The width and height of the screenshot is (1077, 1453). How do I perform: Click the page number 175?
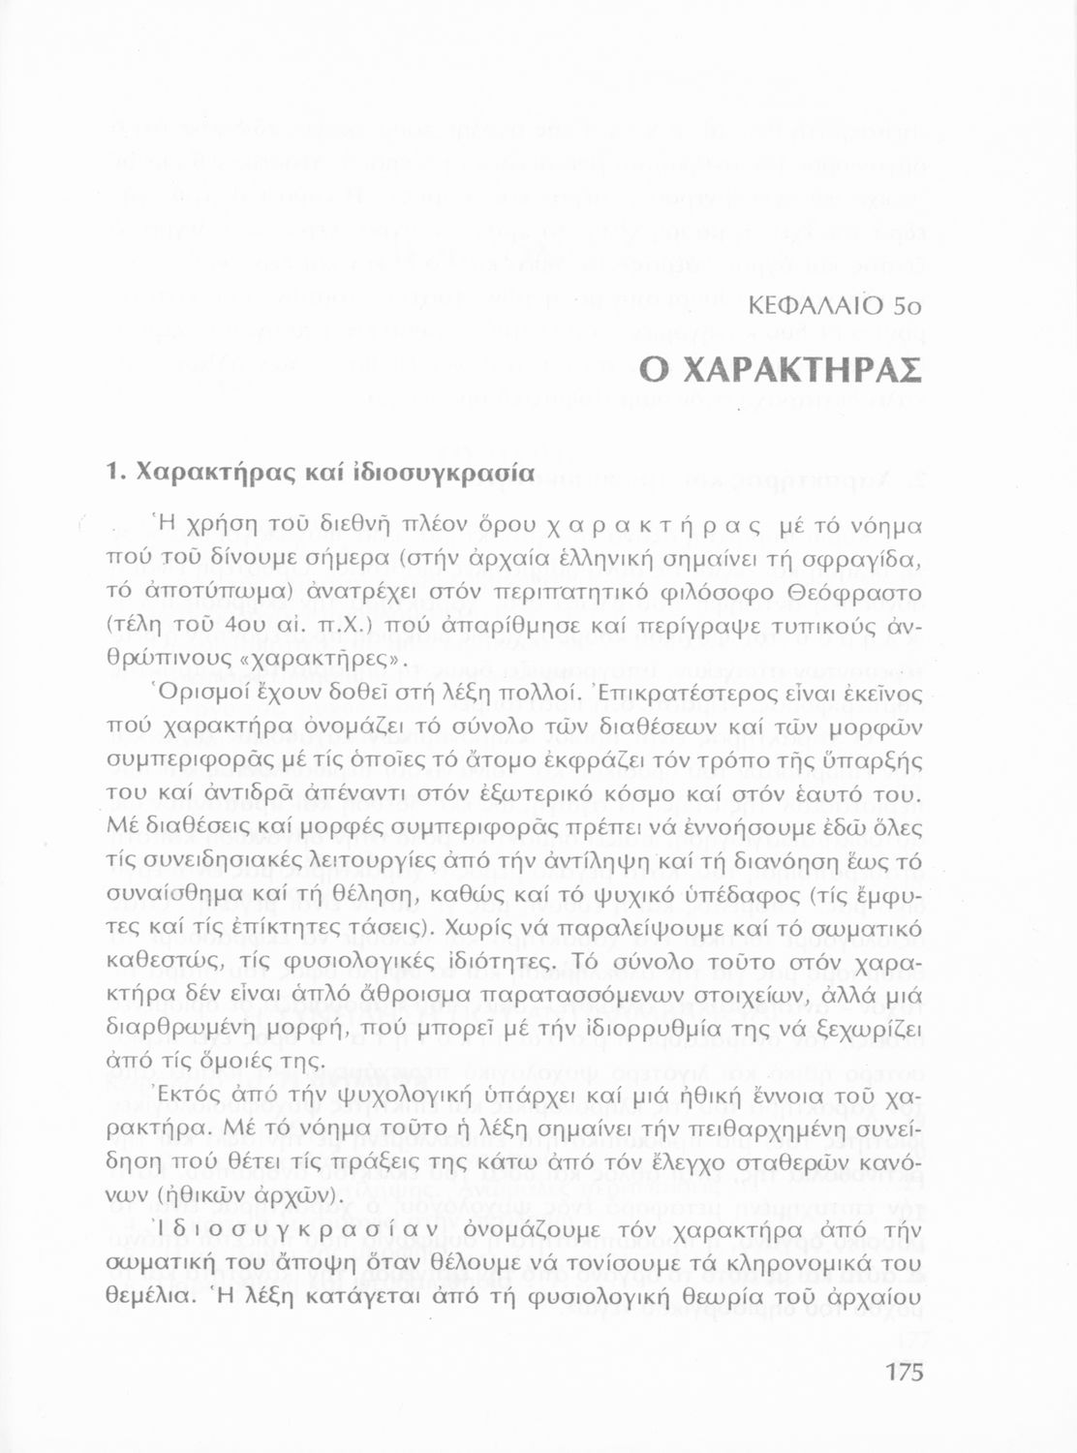coord(904,1373)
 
